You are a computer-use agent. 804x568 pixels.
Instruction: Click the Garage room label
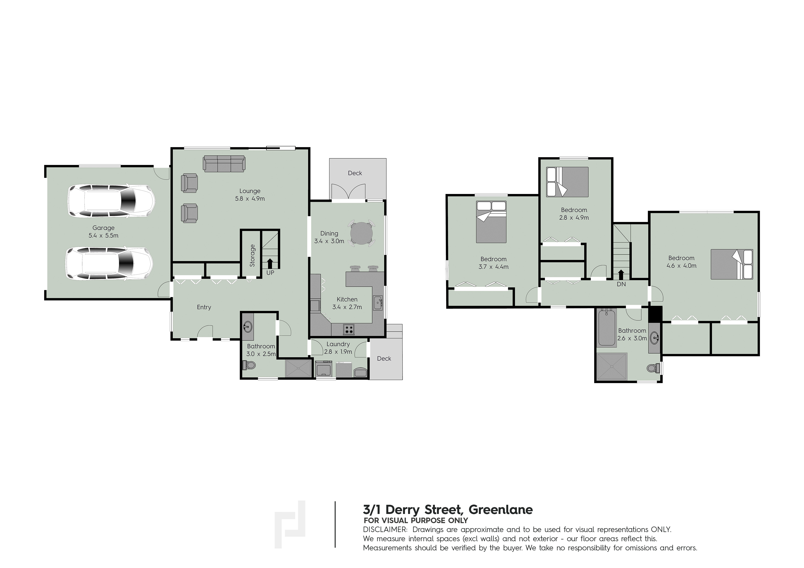[103, 228]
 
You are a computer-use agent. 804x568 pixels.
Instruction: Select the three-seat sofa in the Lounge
[224, 164]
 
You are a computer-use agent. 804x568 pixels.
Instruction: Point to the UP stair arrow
[270, 263]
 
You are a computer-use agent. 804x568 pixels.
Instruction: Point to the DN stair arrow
[621, 274]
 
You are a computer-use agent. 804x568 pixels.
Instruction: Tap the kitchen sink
[378, 302]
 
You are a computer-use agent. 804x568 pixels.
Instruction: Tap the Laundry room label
[338, 344]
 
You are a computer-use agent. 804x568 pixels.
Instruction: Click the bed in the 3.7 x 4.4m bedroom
[491, 222]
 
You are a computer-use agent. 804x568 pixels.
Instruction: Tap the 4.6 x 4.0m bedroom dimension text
[681, 266]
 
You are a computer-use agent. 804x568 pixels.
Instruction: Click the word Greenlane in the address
[501, 510]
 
